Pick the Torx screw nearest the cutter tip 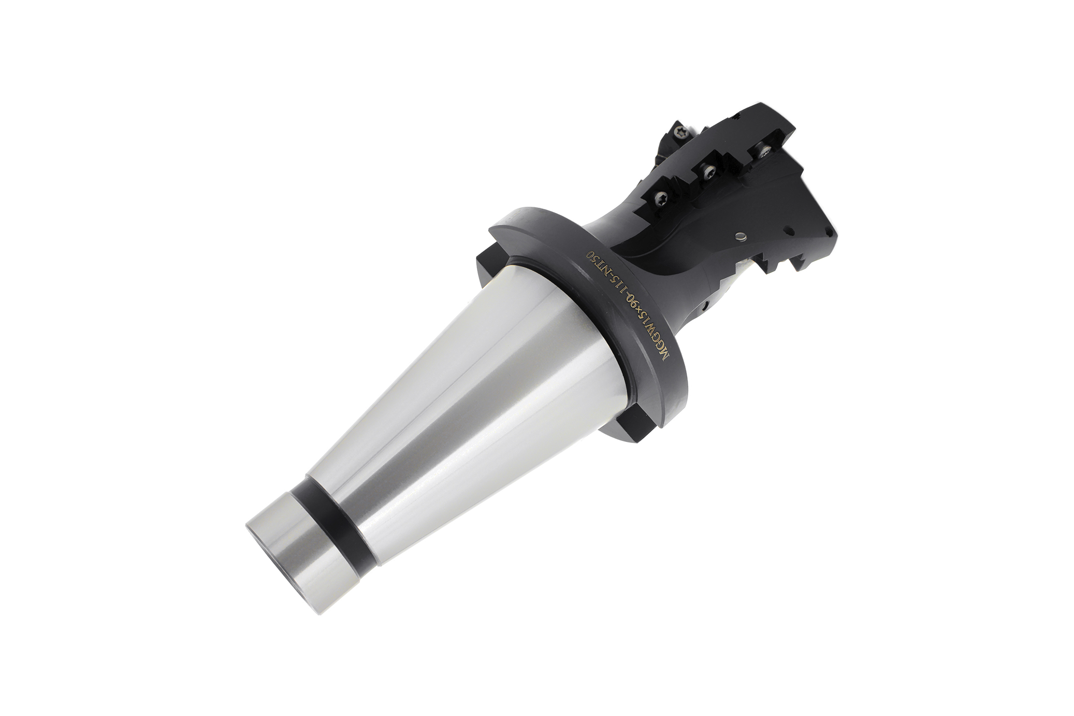tap(761, 150)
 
